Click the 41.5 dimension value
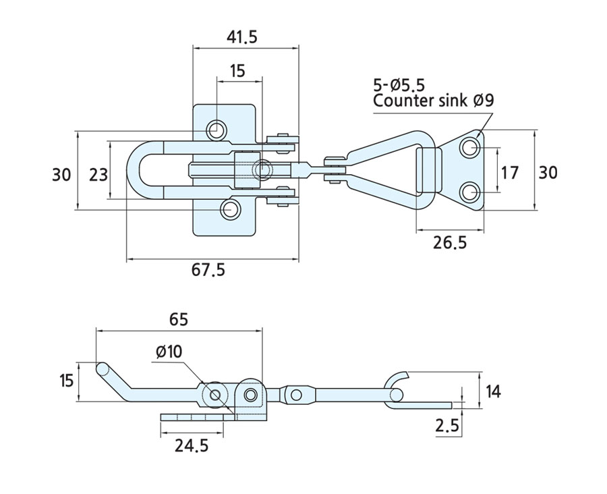pyautogui.click(x=242, y=37)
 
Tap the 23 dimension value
pyautogui.click(x=98, y=174)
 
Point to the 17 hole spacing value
pyautogui.click(x=511, y=172)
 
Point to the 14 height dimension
pyautogui.click(x=494, y=391)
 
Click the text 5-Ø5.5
pyautogui.click(x=399, y=85)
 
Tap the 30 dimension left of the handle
pyautogui.click(x=61, y=174)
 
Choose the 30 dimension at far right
pyautogui.click(x=548, y=172)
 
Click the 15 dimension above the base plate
pyautogui.click(x=237, y=70)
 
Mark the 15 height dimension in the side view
pyautogui.click(x=65, y=381)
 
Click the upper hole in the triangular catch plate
pyautogui.click(x=470, y=147)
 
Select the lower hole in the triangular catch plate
pyautogui.click(x=470, y=194)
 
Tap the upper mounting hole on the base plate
pyautogui.click(x=216, y=129)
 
